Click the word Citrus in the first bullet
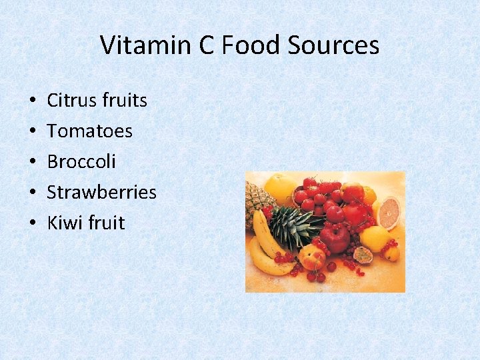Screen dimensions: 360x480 pos(69,101)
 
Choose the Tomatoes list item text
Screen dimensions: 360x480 pos(89,131)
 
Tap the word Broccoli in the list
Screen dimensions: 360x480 pos(81,162)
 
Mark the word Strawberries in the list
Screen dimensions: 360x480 pos(101,193)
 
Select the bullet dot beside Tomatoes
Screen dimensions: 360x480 pos(33,132)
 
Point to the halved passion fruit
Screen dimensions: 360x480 pos(363,255)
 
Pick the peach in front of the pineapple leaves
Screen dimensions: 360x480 pos(311,257)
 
